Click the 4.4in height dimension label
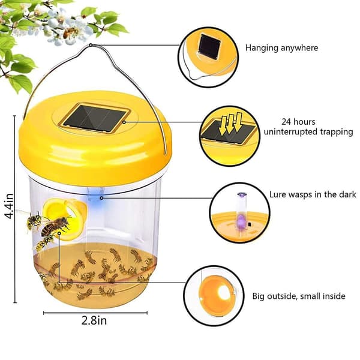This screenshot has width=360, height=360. coord(9,206)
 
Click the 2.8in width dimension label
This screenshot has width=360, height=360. coord(94,320)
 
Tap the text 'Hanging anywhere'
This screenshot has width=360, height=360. coord(282,48)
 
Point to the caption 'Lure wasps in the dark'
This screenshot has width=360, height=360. coord(313,194)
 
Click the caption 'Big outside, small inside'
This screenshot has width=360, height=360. coord(299,296)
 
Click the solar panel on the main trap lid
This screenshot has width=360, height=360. coord(95,118)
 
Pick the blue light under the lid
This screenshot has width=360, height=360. coord(95,195)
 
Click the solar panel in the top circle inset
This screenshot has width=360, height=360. coord(209,47)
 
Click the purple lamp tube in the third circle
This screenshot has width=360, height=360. coord(241,216)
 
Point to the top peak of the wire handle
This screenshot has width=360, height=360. coord(91,45)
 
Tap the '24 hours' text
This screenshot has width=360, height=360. coord(298,122)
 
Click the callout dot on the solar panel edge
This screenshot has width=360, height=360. coord(124,122)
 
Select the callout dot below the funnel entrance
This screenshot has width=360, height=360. coord(59,233)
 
